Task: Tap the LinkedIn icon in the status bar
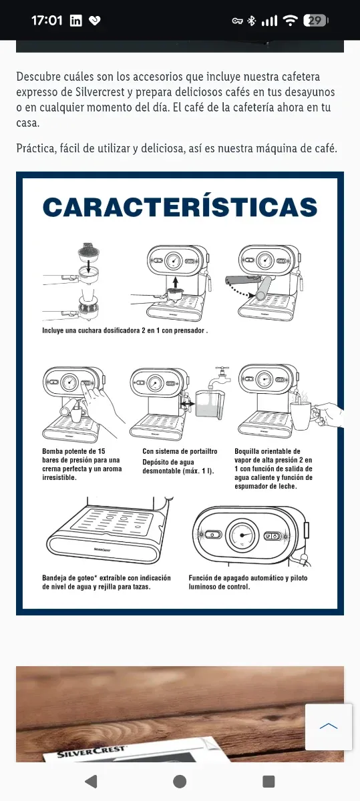click(75, 21)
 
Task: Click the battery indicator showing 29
click(315, 21)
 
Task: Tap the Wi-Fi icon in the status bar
click(290, 21)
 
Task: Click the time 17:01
click(47, 21)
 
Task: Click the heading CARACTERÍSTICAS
click(180, 207)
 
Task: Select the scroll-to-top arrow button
click(329, 727)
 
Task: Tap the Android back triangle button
click(92, 782)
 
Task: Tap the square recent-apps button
click(268, 782)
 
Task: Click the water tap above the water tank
click(220, 376)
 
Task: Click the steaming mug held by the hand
click(303, 414)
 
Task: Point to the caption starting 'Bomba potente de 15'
click(82, 464)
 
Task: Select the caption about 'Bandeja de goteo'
click(106, 582)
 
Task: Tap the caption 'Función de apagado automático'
click(248, 582)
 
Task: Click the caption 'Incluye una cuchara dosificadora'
click(125, 330)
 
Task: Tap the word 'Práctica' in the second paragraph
click(36, 148)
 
